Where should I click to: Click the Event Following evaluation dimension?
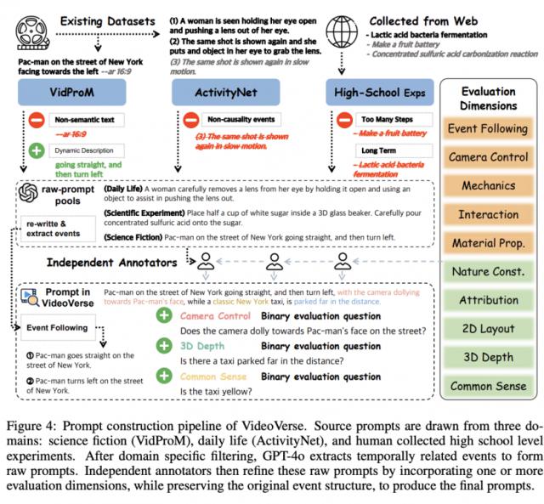pyautogui.click(x=488, y=128)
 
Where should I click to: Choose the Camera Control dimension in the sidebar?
pyautogui.click(x=488, y=157)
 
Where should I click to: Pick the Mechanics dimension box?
pyautogui.click(x=488, y=185)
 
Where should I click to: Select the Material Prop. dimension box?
pyautogui.click(x=488, y=243)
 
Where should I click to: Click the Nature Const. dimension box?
pyautogui.click(x=488, y=272)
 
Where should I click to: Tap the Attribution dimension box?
pyautogui.click(x=488, y=300)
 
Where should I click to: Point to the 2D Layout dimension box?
pyautogui.click(x=488, y=329)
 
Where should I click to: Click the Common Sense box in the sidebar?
pyautogui.click(x=488, y=386)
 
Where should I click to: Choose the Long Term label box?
pyautogui.click(x=374, y=150)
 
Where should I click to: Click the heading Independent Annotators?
pyautogui.click(x=116, y=263)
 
